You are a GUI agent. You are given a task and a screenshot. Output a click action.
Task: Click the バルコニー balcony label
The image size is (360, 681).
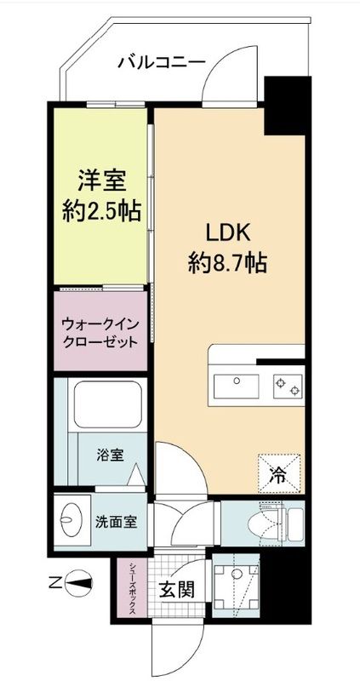(x=161, y=62)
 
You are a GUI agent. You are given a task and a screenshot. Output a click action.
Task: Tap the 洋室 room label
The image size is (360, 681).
(x=102, y=180)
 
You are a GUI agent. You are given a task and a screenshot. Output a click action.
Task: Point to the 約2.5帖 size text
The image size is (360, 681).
(x=102, y=210)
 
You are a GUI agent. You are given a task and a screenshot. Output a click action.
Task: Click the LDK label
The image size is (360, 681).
(x=227, y=232)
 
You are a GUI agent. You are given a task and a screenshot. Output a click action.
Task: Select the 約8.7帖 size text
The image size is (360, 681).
(x=227, y=262)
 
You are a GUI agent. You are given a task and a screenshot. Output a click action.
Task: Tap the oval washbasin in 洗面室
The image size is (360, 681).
(x=68, y=517)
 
